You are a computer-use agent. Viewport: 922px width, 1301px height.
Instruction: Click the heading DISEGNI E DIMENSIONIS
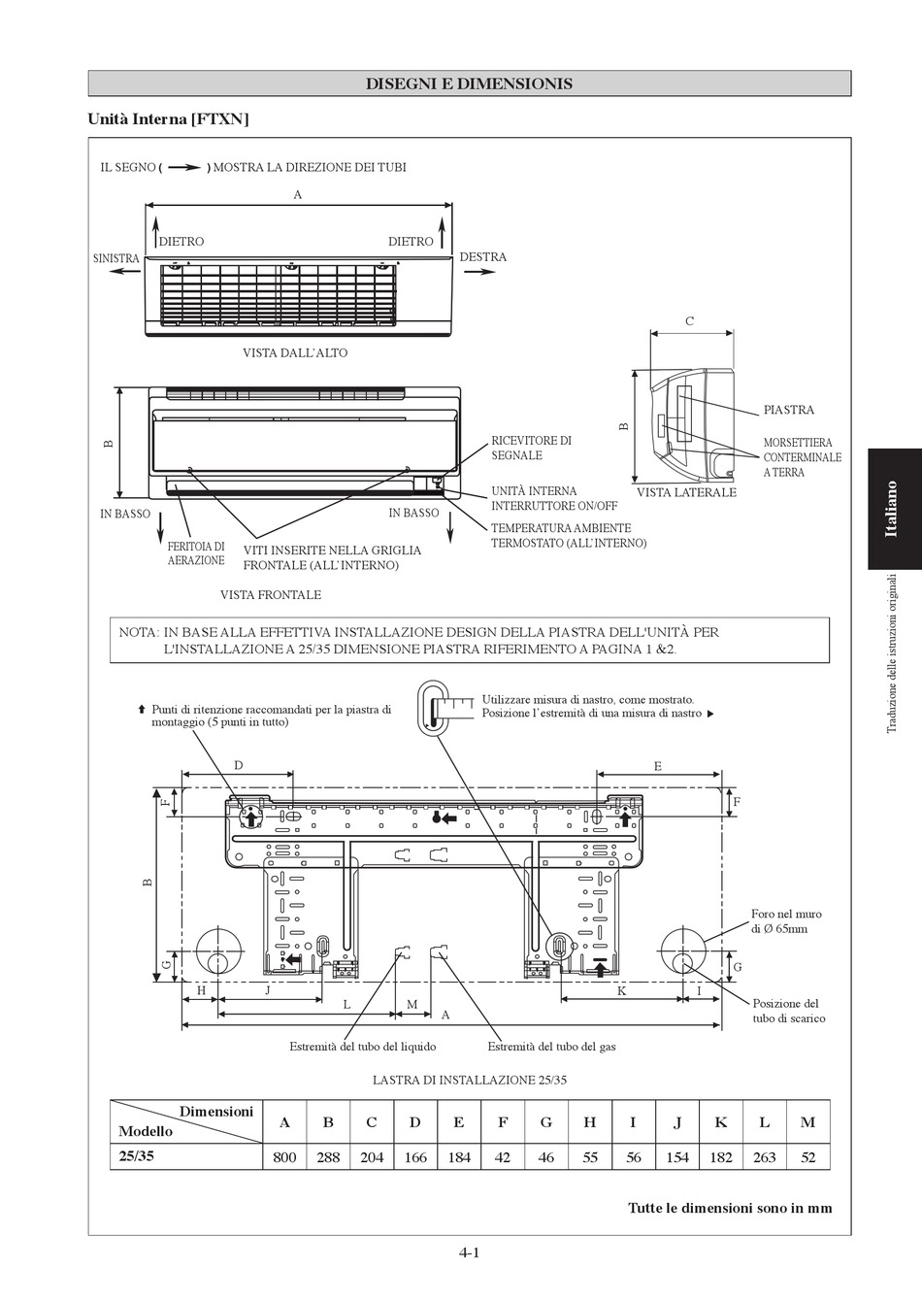(469, 83)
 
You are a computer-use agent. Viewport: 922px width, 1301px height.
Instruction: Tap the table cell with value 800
(284, 1157)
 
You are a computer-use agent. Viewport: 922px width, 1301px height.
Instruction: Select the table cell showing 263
(764, 1157)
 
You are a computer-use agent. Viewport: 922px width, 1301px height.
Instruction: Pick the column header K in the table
(720, 1122)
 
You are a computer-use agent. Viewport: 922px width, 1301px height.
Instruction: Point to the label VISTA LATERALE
(686, 493)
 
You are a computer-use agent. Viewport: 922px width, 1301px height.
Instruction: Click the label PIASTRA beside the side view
(788, 411)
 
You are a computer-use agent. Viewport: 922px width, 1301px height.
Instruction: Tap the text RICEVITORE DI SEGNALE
(531, 448)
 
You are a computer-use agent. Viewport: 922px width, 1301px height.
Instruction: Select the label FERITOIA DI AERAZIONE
(196, 553)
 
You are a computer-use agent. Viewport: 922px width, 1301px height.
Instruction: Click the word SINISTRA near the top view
(115, 258)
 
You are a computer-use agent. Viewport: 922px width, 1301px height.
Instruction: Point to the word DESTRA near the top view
(483, 257)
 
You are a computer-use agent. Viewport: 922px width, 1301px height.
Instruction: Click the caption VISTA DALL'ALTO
(295, 353)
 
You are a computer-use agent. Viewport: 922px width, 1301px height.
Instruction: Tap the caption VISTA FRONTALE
(270, 594)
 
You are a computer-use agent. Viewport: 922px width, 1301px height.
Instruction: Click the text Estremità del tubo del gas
(551, 1047)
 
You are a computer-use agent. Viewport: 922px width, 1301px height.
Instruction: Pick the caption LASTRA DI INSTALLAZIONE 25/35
(469, 1080)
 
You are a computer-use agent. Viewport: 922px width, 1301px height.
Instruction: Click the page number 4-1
(470, 1252)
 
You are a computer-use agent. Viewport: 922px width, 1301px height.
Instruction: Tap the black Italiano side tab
(893, 508)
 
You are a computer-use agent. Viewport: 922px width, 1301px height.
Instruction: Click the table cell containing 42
(502, 1157)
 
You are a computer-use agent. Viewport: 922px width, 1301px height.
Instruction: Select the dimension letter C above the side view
(690, 321)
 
